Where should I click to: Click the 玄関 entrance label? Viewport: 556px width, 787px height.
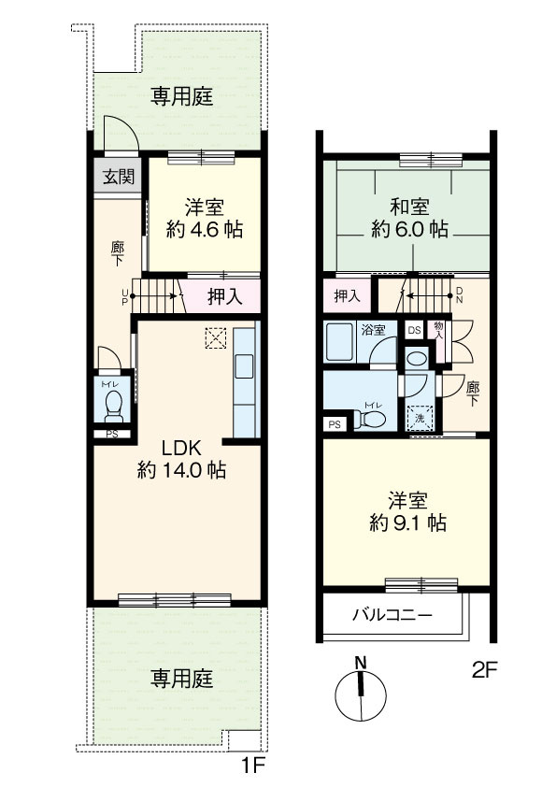point(119,177)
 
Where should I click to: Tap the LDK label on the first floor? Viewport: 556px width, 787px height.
point(181,447)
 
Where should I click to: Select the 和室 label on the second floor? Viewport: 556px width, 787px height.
point(409,207)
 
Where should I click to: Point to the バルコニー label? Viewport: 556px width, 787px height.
point(392,614)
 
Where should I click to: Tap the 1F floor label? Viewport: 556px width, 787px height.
point(253,766)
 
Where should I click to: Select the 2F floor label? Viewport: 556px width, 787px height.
point(484,670)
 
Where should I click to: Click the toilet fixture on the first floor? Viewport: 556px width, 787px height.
point(113,406)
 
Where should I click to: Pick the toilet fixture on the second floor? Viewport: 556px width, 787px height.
point(369,420)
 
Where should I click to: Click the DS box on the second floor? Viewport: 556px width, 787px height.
point(415,330)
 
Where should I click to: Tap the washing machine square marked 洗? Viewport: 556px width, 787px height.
point(419,418)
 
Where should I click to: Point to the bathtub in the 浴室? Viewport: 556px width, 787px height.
point(340,342)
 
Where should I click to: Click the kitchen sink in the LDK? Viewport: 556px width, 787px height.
point(245,365)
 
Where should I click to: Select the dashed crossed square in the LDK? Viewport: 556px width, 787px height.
point(216,338)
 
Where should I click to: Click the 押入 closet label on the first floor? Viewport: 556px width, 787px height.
point(225,296)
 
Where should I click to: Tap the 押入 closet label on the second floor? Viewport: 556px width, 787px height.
point(348,296)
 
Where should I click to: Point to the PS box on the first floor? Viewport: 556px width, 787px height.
point(112,435)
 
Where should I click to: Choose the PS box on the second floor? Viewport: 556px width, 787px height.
point(335,424)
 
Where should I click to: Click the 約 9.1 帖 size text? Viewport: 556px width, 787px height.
point(408,523)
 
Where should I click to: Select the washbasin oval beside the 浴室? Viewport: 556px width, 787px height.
point(417,358)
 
